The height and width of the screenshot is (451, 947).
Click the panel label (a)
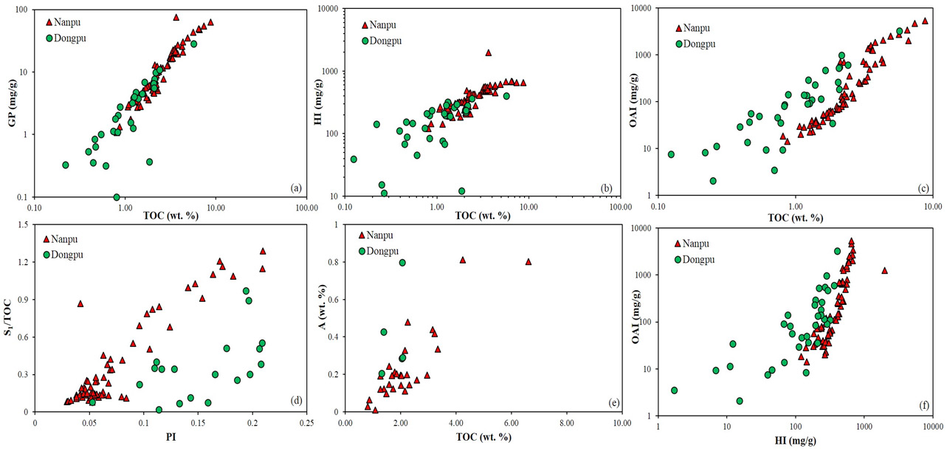pos(296,189)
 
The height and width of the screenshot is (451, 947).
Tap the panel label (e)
pos(613,402)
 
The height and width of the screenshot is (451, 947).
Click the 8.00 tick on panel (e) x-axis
pos(566,424)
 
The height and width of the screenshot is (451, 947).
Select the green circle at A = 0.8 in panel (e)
pos(402,263)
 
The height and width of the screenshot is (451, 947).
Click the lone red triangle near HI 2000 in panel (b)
pos(488,52)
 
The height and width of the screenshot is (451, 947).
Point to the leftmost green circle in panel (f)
pos(674,390)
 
